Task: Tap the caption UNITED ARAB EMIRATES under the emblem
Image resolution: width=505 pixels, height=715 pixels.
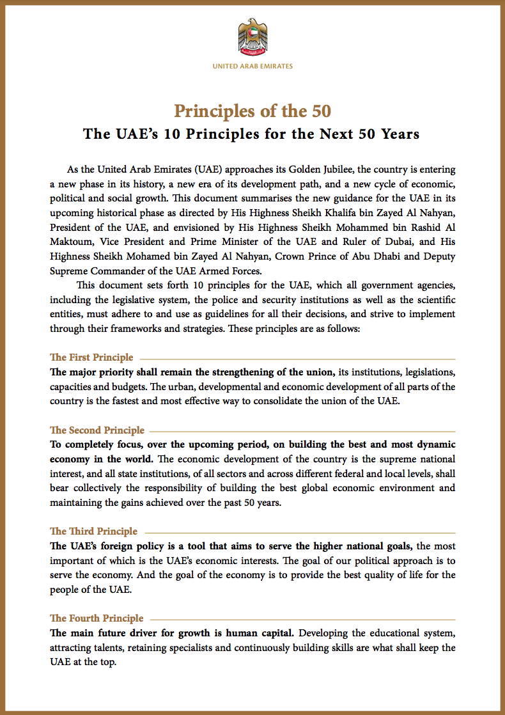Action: tap(252, 66)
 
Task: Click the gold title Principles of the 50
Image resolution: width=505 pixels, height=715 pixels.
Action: tap(252, 111)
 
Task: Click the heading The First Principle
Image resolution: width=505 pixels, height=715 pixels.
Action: tap(92, 357)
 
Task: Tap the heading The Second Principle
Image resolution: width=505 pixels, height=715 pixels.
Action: tap(97, 430)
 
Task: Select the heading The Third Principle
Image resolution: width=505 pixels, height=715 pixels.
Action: tap(93, 531)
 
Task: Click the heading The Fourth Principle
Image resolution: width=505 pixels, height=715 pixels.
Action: tap(97, 618)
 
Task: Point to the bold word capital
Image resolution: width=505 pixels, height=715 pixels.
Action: tap(273, 633)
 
